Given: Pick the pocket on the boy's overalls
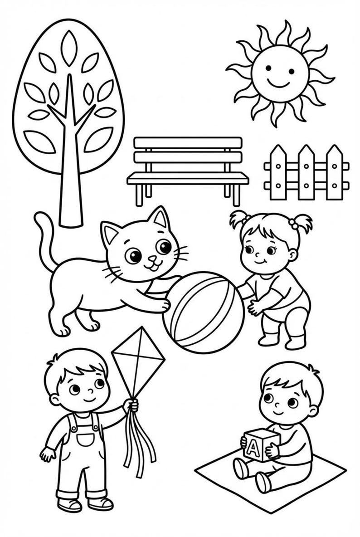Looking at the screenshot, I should [x=84, y=439].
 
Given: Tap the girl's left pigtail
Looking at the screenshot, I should [x=238, y=220].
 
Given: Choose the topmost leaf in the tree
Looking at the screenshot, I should [x=68, y=48].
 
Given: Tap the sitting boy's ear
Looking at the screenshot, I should [x=313, y=411].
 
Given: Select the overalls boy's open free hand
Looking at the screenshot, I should [x=47, y=454].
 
